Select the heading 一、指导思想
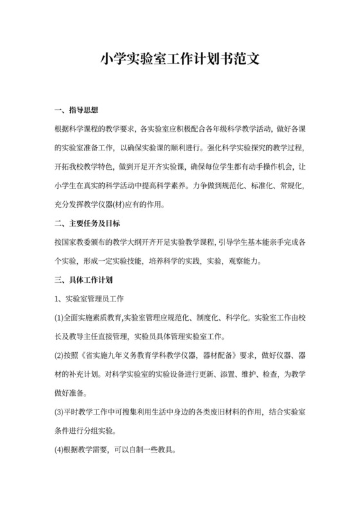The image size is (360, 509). click(76, 111)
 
